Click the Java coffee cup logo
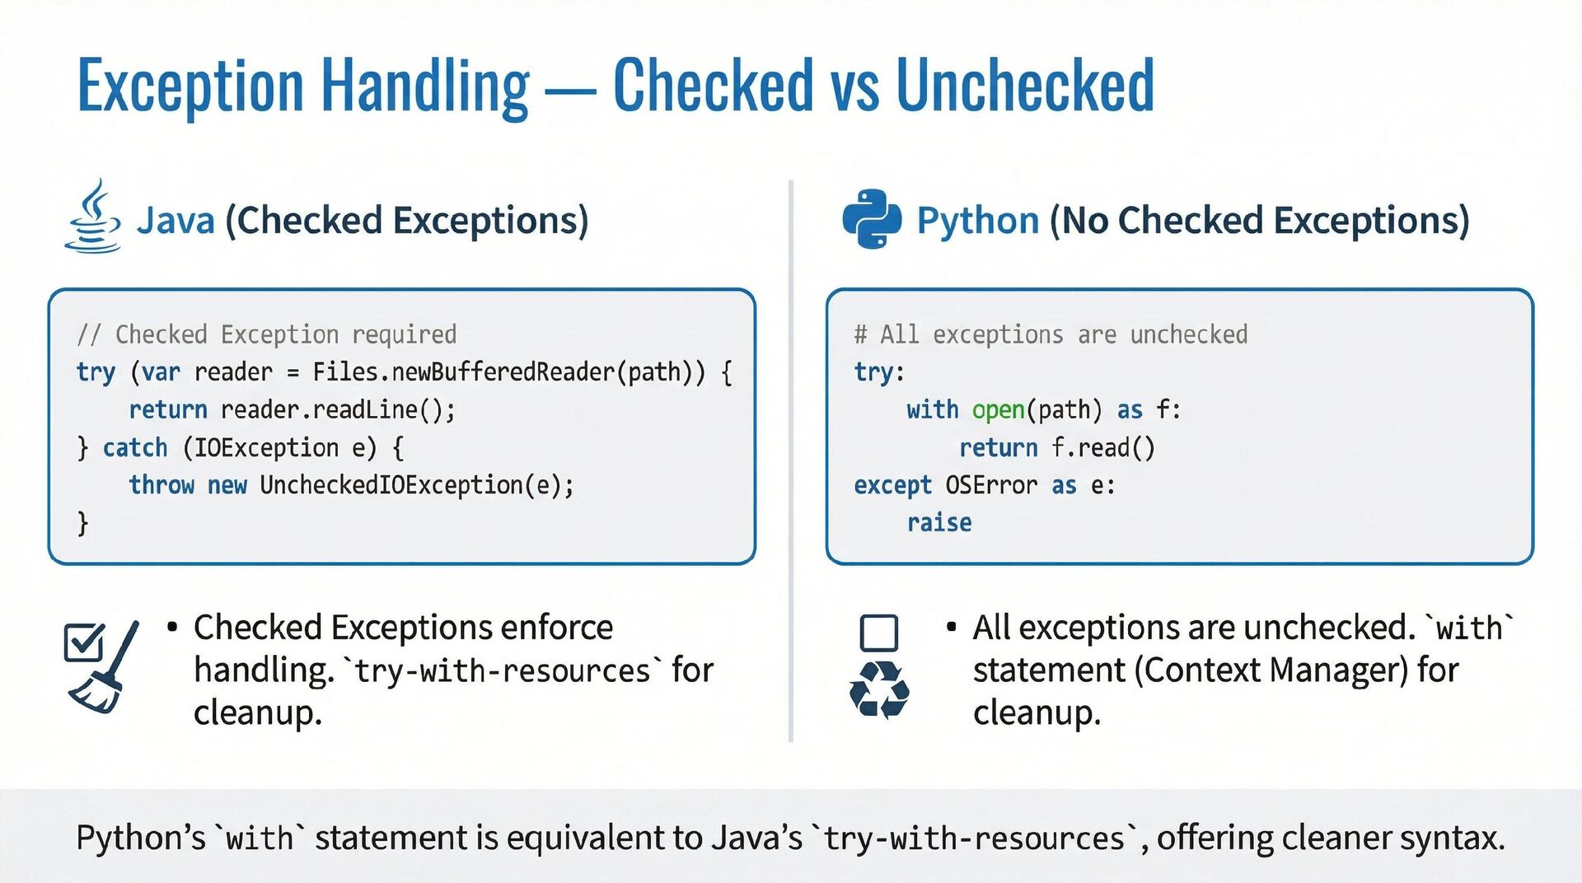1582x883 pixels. [93, 217]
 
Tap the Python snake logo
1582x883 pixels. [871, 219]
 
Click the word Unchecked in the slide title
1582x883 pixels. [1024, 86]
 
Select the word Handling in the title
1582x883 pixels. [424, 86]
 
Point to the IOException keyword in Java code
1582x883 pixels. [265, 448]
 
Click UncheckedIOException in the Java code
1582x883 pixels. [391, 485]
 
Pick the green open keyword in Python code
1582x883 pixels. [998, 410]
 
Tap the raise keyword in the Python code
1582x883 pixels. [939, 523]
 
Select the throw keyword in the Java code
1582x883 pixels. [161, 485]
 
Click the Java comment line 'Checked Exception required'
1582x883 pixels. [266, 334]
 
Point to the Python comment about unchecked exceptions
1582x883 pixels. [1051, 334]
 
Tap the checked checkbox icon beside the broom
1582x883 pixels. [83, 642]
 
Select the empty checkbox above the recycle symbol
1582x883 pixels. [878, 633]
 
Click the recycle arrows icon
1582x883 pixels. [879, 690]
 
